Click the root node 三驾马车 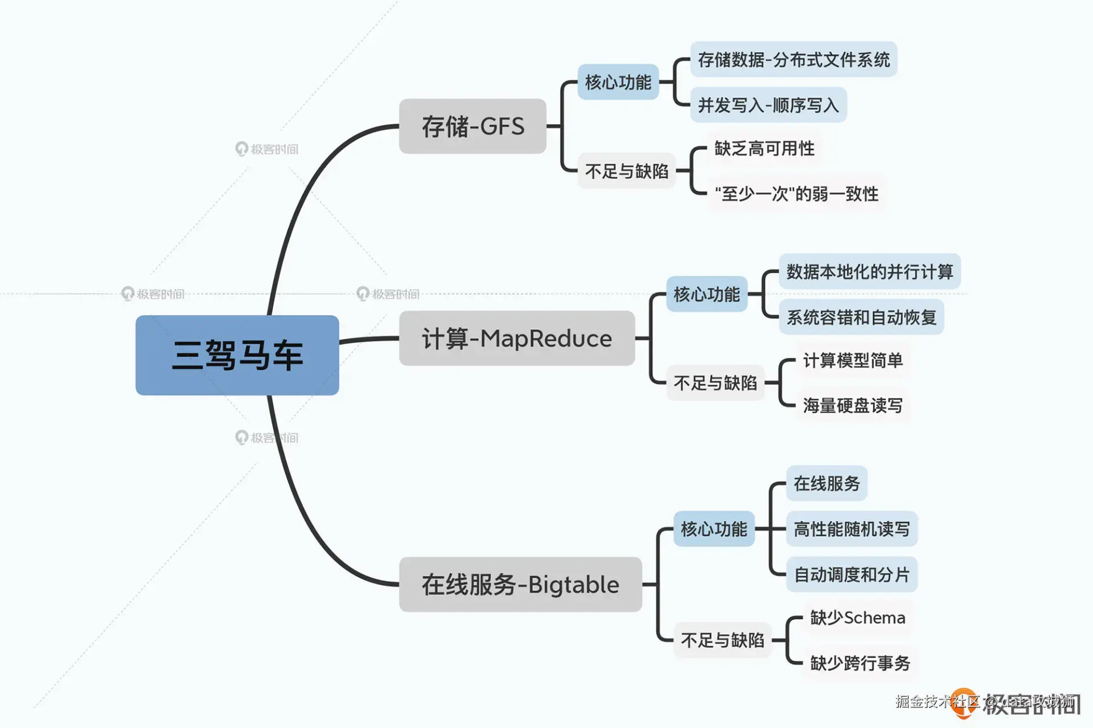coord(237,355)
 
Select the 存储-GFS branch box coord(472,126)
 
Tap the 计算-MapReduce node coord(516,338)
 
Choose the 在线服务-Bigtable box coord(520,585)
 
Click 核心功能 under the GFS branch coord(618,82)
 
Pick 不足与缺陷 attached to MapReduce coord(715,382)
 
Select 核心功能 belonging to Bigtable coord(714,529)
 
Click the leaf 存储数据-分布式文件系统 coord(794,59)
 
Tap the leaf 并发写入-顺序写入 coord(768,105)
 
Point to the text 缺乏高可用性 coord(764,149)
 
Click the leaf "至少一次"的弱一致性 coord(796,194)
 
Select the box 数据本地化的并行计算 coord(869,272)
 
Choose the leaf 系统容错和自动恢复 coord(861,317)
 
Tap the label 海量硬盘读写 coord(853,405)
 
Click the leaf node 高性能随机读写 coord(852,529)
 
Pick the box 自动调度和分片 coord(852,574)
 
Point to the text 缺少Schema coord(857,618)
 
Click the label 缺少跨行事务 coord(860,663)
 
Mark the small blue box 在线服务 coord(827,483)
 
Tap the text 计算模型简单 coord(853,360)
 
